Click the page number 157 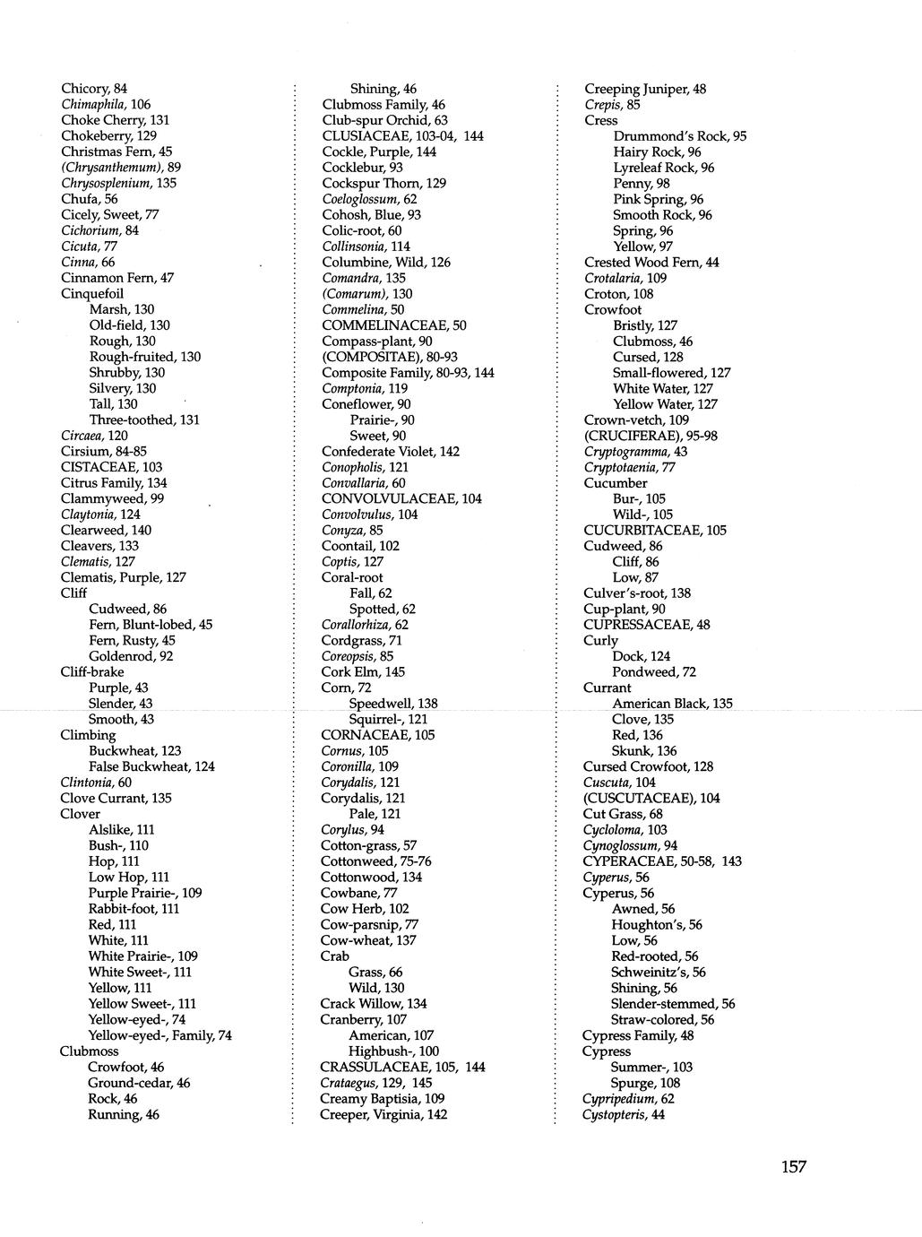[793, 1166]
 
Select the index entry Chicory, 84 [94, 88]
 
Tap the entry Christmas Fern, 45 [116, 151]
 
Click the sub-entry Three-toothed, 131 [144, 420]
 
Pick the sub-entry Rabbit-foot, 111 [134, 908]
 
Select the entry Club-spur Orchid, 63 [384, 120]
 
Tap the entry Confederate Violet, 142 [391, 451]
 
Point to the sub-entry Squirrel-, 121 [388, 719]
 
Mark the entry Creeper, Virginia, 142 [383, 1114]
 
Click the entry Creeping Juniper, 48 [645, 89]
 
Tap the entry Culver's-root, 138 [636, 593]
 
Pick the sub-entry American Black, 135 [672, 704]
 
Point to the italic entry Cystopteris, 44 [623, 1114]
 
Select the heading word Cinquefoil [92, 293]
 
